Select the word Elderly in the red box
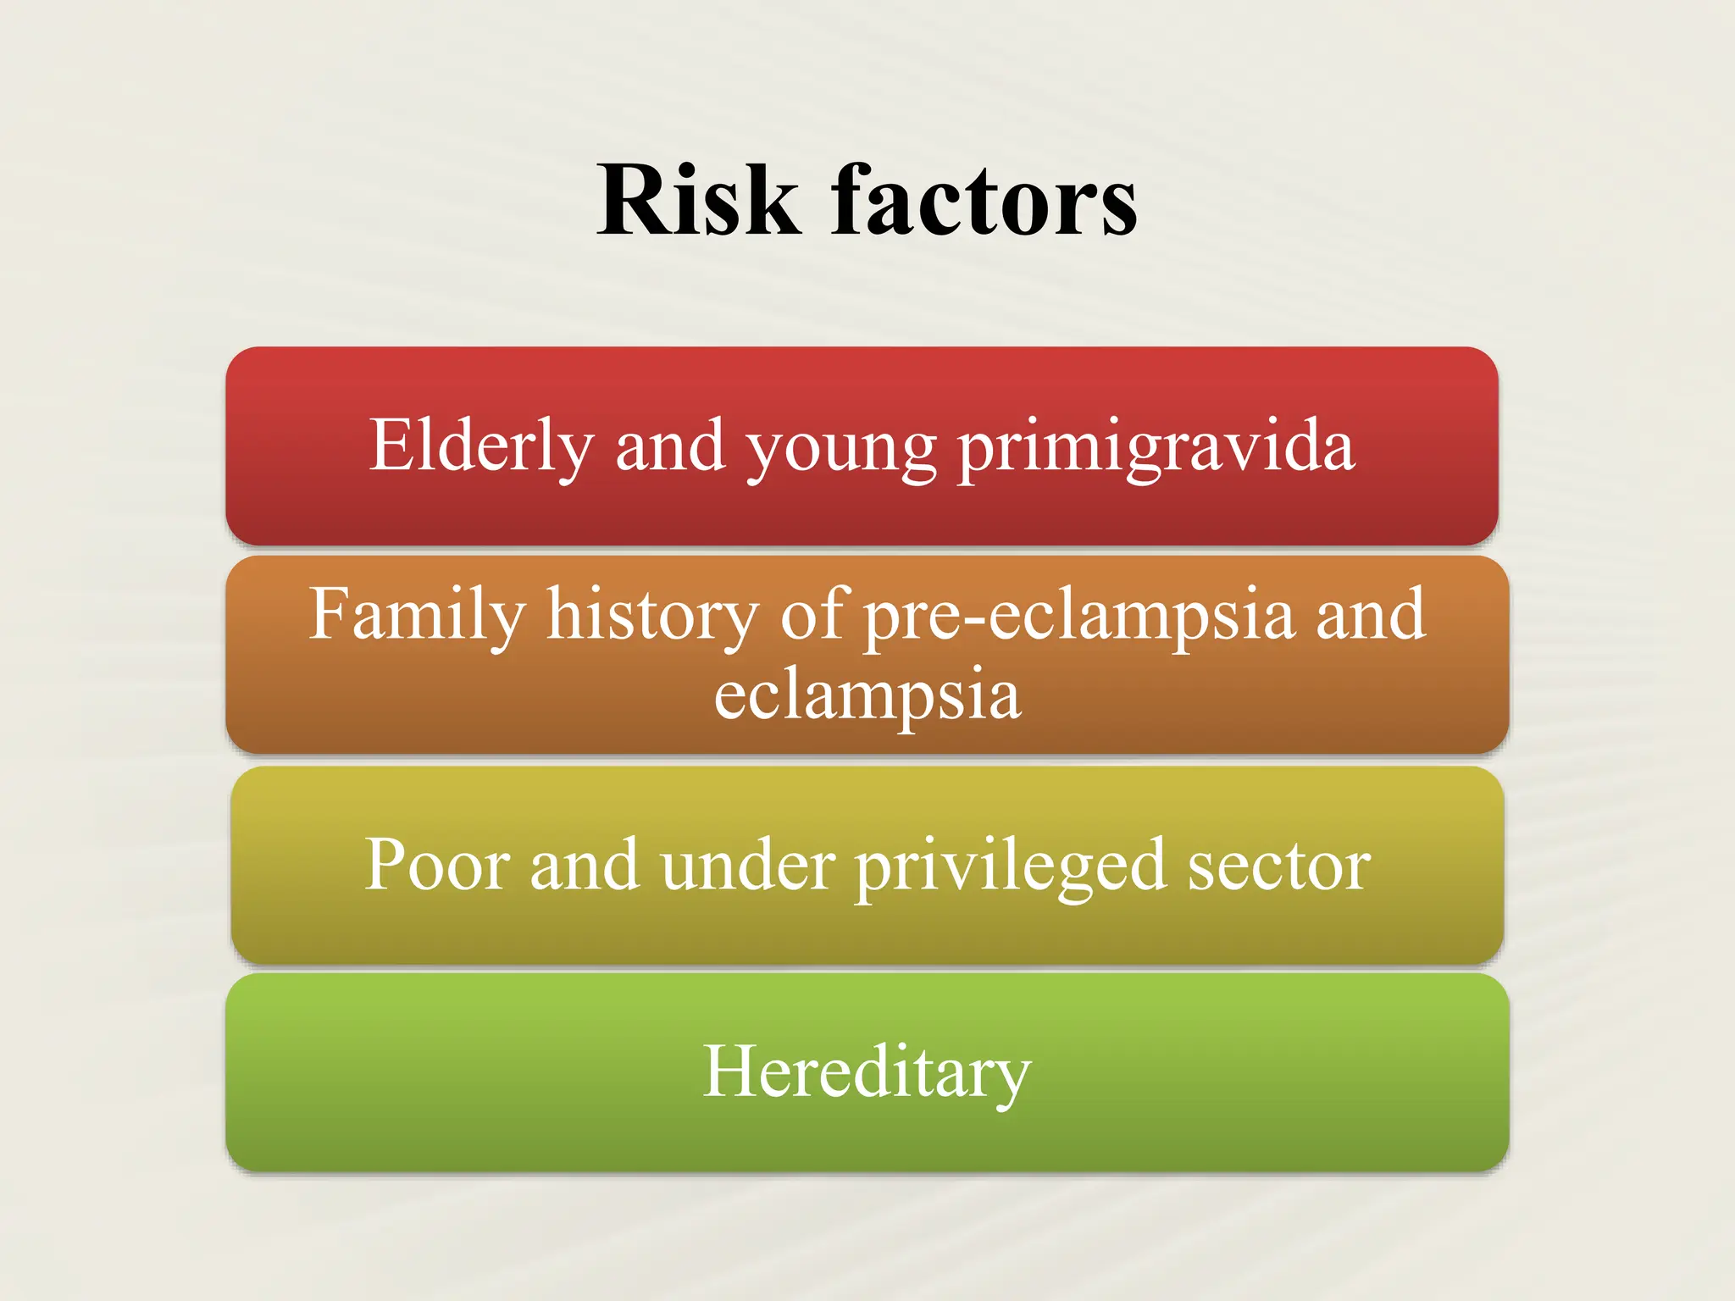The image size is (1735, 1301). (481, 446)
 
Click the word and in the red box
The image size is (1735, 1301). (669, 446)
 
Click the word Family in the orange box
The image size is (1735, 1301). (417, 614)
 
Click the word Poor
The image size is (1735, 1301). (437, 865)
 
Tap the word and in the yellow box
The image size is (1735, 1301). (584, 865)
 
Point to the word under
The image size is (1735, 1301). (748, 865)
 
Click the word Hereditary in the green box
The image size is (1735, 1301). (867, 1072)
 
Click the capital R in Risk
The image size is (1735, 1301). (634, 201)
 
